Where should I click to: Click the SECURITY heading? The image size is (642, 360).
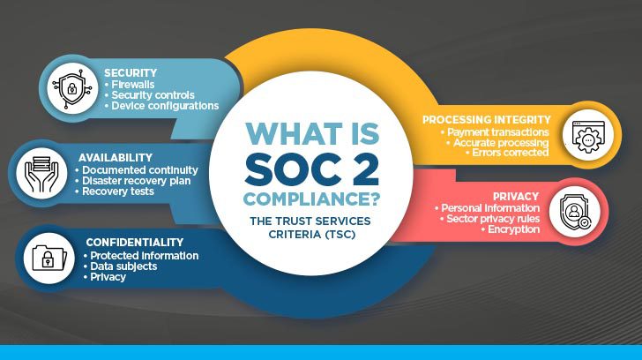coord(131,73)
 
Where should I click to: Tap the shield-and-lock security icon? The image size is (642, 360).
coord(72,88)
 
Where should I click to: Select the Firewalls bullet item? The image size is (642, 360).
coord(130,85)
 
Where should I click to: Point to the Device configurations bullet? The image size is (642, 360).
coord(161,106)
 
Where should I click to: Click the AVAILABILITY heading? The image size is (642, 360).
coord(116,158)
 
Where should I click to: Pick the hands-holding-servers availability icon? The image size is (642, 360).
coord(41,174)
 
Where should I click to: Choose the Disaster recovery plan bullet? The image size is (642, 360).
coord(133,181)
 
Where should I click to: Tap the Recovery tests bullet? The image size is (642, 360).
coord(115,191)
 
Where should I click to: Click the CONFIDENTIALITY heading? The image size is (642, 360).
coord(135,243)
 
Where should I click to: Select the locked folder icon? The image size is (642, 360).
coord(49,258)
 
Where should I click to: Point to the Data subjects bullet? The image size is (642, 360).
coord(120,266)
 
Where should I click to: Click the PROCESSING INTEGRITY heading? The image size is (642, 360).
coord(487,120)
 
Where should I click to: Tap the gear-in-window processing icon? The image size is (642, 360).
coord(588,137)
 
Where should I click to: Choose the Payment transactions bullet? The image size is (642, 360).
coord(495,131)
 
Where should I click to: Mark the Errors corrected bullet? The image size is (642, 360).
coord(507,153)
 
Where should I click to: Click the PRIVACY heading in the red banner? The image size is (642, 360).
coord(516,196)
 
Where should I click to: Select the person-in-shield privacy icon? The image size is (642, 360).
coord(575,212)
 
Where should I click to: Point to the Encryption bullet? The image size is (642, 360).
coord(511,229)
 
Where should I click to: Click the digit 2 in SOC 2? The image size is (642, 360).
coord(362,168)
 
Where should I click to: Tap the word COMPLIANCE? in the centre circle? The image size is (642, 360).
coord(311,199)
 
